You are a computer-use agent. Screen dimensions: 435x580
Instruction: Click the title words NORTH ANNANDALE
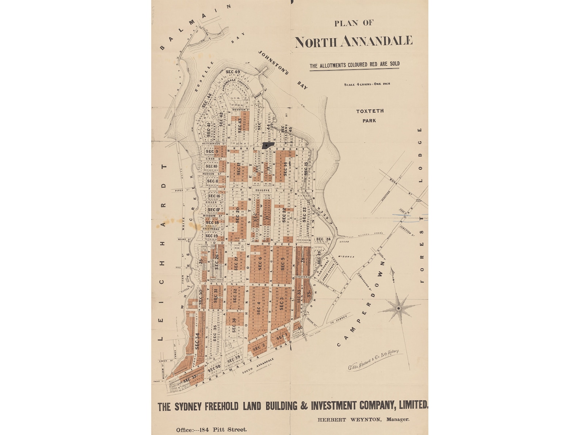click(x=354, y=42)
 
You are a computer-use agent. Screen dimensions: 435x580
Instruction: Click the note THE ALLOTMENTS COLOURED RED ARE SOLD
click(x=354, y=65)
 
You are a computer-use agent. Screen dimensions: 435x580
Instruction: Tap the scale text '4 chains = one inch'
click(x=367, y=84)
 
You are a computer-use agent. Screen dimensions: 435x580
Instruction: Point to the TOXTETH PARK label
click(x=370, y=115)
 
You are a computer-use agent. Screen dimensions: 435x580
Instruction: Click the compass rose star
click(x=398, y=309)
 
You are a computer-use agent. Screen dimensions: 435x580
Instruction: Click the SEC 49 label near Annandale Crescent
click(x=233, y=72)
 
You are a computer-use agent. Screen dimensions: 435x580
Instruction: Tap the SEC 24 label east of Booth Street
click(x=323, y=239)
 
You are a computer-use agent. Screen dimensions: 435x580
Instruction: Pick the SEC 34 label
click(x=198, y=341)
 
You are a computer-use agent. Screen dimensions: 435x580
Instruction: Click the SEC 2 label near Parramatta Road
click(x=259, y=347)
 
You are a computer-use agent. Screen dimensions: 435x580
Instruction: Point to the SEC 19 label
click(x=211, y=236)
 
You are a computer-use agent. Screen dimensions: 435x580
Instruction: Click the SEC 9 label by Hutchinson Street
click(x=212, y=151)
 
